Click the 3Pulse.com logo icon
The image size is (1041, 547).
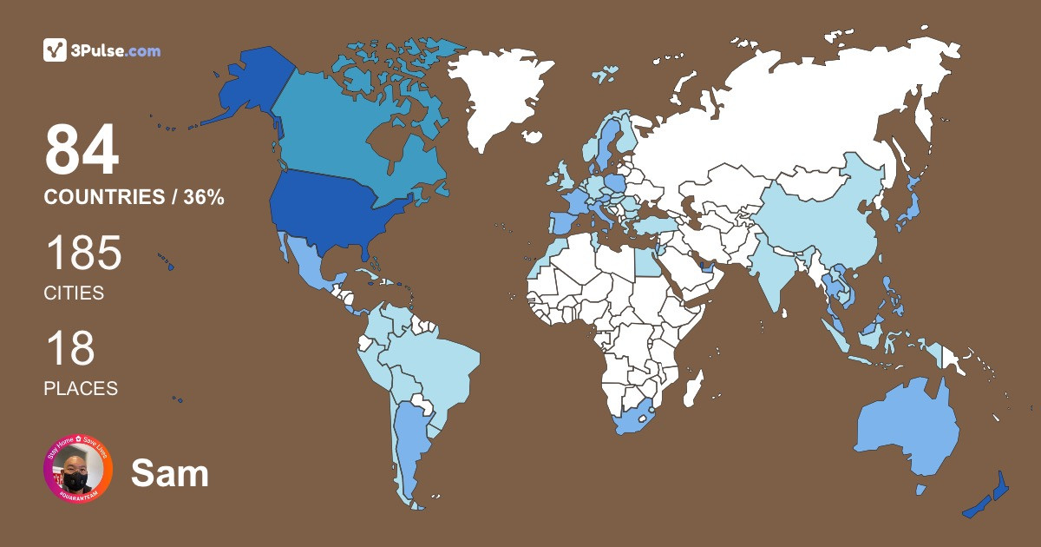coord(55,50)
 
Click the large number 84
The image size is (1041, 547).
coord(82,150)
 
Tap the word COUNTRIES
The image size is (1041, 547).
coord(104,197)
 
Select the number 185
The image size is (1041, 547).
coord(83,254)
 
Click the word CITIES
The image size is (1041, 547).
coord(74,293)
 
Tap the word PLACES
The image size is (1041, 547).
coord(81,388)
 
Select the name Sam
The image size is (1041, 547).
coord(170,473)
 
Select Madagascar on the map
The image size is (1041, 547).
coord(691,387)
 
